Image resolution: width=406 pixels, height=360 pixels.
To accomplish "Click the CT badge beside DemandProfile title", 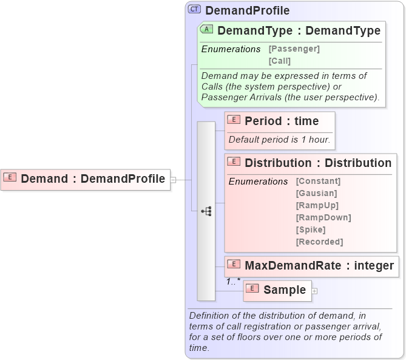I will (195, 9).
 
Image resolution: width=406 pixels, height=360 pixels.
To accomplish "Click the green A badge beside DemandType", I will (206, 30).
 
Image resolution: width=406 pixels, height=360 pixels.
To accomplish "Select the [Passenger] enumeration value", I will (294, 49).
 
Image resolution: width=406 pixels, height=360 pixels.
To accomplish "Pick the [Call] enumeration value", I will (279, 61).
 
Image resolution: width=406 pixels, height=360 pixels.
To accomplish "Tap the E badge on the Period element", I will (234, 120).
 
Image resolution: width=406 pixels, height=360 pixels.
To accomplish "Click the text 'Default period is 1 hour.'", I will (279, 140).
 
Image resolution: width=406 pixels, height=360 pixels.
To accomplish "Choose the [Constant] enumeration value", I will (318, 181).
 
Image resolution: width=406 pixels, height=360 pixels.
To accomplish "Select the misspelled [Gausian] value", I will (316, 193).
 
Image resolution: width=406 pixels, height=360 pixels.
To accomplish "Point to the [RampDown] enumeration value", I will (323, 217).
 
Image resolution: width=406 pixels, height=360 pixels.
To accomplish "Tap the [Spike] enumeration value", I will (311, 229).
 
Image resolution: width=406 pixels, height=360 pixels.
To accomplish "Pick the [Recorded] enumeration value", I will (319, 242).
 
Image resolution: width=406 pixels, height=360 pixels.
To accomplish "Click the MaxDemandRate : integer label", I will (319, 265).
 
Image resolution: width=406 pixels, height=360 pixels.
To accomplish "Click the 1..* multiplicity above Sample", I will (233, 281).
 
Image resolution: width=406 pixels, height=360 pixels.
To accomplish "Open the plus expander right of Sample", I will (314, 291).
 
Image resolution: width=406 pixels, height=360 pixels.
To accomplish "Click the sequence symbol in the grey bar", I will (206, 211).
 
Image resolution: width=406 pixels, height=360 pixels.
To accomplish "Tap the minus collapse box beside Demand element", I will (174, 180).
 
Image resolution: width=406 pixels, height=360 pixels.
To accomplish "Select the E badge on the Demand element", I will (10, 178).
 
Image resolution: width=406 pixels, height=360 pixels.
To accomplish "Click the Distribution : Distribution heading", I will (318, 163).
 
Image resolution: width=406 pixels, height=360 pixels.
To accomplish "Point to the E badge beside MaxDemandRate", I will (234, 265).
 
